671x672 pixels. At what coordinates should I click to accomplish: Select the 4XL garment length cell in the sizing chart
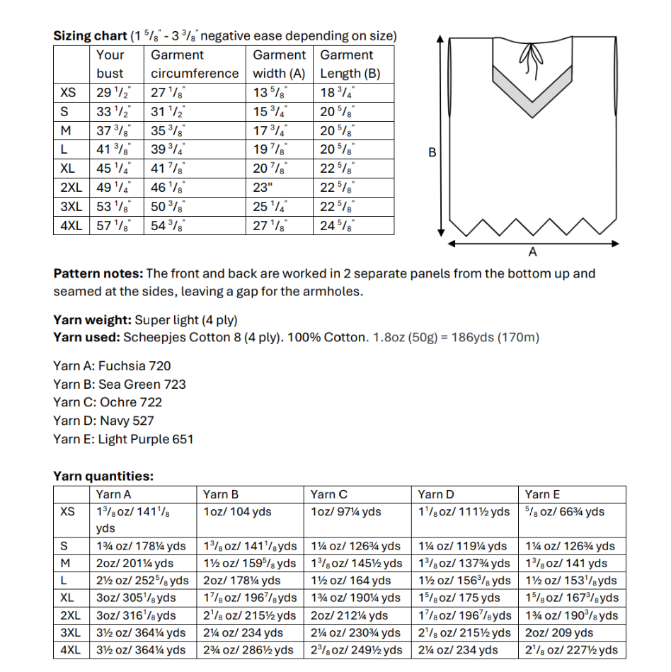tap(338, 227)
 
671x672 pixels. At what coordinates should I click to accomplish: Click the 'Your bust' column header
tap(110, 64)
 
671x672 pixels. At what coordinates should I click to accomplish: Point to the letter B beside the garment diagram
tap(432, 154)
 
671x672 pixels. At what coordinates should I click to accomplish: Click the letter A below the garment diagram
tap(532, 252)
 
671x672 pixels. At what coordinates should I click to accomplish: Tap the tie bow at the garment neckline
tap(527, 53)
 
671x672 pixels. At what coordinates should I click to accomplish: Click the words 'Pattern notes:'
tap(98, 274)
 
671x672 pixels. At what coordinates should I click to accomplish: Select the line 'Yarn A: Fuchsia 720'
tap(112, 366)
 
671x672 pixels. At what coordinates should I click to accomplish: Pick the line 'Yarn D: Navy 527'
tap(103, 421)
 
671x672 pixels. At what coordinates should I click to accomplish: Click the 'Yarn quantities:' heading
tap(103, 477)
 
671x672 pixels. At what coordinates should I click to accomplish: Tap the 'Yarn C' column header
tap(328, 495)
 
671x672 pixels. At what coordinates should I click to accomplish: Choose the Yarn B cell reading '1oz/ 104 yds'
tap(237, 512)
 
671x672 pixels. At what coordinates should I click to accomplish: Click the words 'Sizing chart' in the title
tap(90, 35)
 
